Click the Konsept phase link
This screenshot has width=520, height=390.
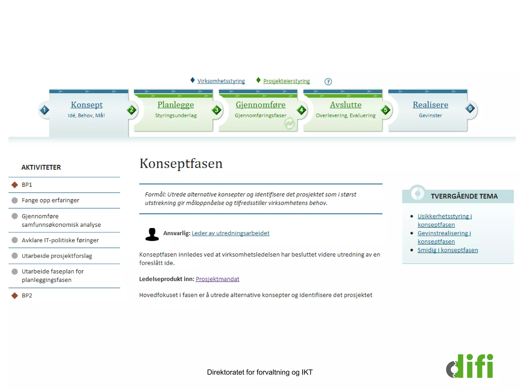87,105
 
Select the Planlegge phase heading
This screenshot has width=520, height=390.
175,105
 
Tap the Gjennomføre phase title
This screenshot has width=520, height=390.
261,105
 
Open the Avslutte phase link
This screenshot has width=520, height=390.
346,105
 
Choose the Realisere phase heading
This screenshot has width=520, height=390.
430,105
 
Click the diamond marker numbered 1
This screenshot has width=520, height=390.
44,110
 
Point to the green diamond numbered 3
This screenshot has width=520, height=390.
217,110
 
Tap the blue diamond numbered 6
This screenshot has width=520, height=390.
470,108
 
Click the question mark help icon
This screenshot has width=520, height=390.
328,82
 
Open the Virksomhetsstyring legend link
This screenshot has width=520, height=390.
221,81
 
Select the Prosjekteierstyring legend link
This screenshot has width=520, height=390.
286,81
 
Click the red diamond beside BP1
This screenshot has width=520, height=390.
15,185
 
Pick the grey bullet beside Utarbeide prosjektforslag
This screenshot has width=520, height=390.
15,255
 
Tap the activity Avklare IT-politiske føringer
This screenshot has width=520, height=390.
60,240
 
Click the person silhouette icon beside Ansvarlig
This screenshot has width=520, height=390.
152,234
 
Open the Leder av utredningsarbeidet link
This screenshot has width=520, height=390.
230,233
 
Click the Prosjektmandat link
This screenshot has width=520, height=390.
217,279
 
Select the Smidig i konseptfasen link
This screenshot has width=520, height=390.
448,250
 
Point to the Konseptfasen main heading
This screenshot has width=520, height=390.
181,164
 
